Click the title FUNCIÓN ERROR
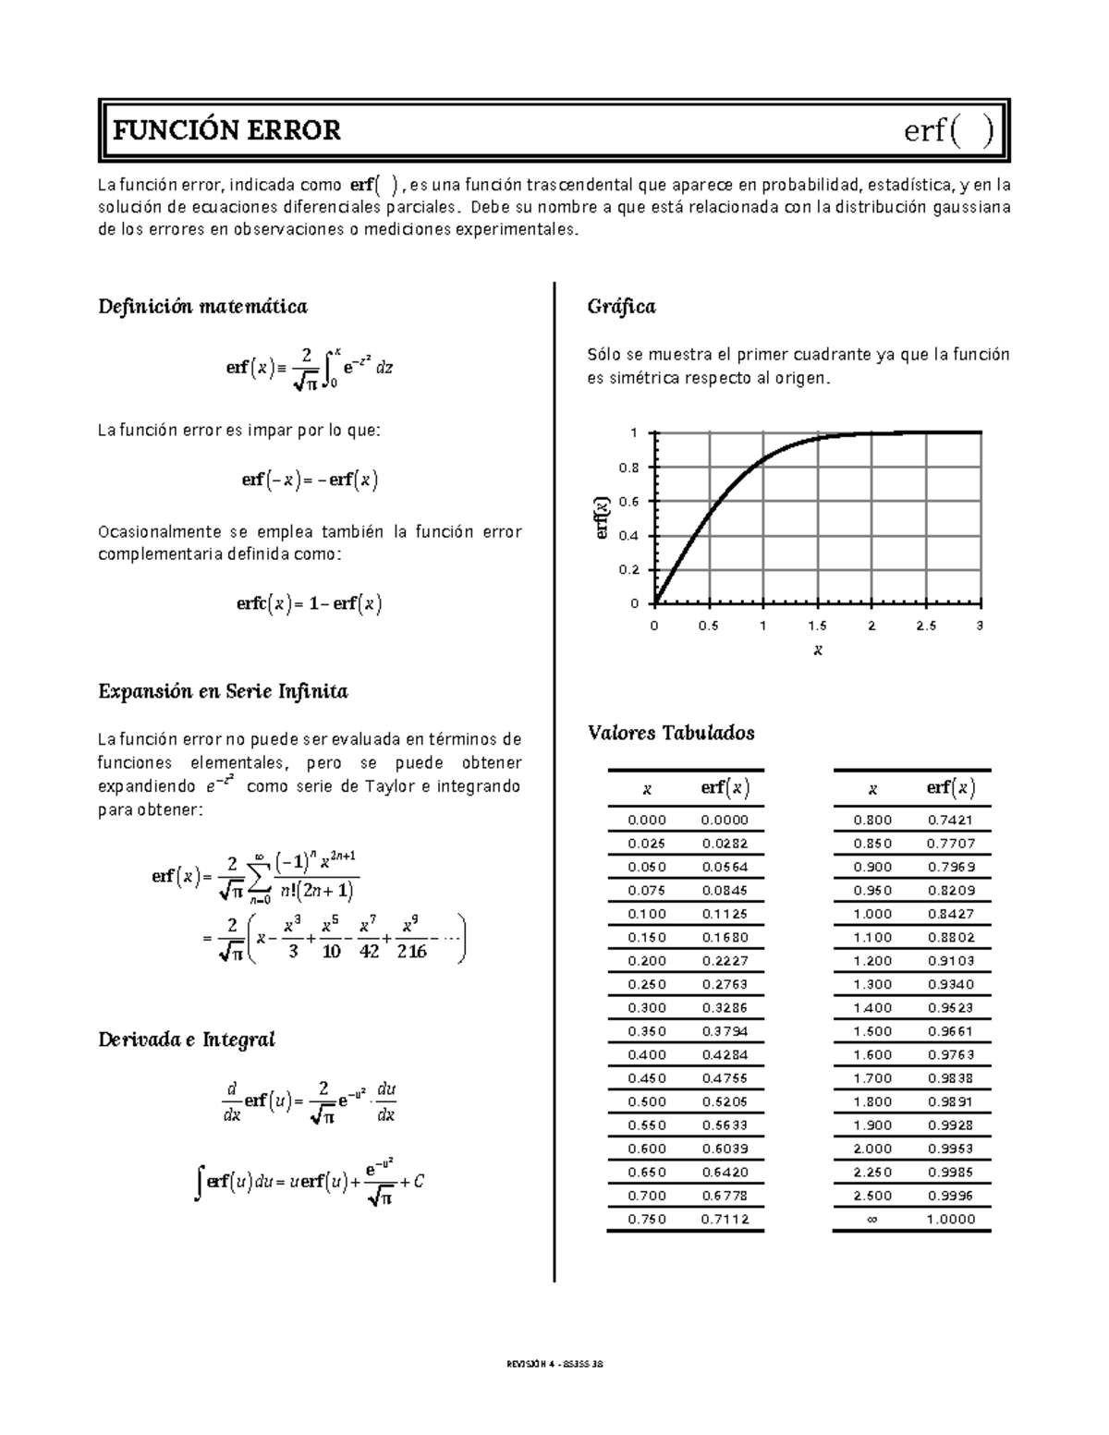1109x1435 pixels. (226, 131)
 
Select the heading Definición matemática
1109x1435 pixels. (202, 307)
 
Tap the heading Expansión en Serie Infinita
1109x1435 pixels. (223, 691)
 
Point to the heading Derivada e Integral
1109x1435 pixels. (187, 1040)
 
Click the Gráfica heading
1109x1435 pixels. (621, 307)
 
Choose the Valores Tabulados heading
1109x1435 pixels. (671, 733)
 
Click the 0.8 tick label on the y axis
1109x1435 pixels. (629, 468)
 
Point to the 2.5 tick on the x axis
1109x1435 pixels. (925, 626)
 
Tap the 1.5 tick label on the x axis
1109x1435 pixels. (817, 626)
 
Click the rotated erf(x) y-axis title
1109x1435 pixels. (603, 518)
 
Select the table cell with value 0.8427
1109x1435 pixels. (951, 914)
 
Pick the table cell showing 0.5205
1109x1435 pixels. (725, 1101)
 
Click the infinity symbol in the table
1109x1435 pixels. (872, 1219)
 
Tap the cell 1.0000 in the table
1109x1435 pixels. (951, 1219)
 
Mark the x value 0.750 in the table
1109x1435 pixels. (646, 1219)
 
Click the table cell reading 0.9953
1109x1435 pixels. (951, 1149)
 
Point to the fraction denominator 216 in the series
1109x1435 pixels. (411, 952)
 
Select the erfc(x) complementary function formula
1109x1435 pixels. (310, 604)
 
